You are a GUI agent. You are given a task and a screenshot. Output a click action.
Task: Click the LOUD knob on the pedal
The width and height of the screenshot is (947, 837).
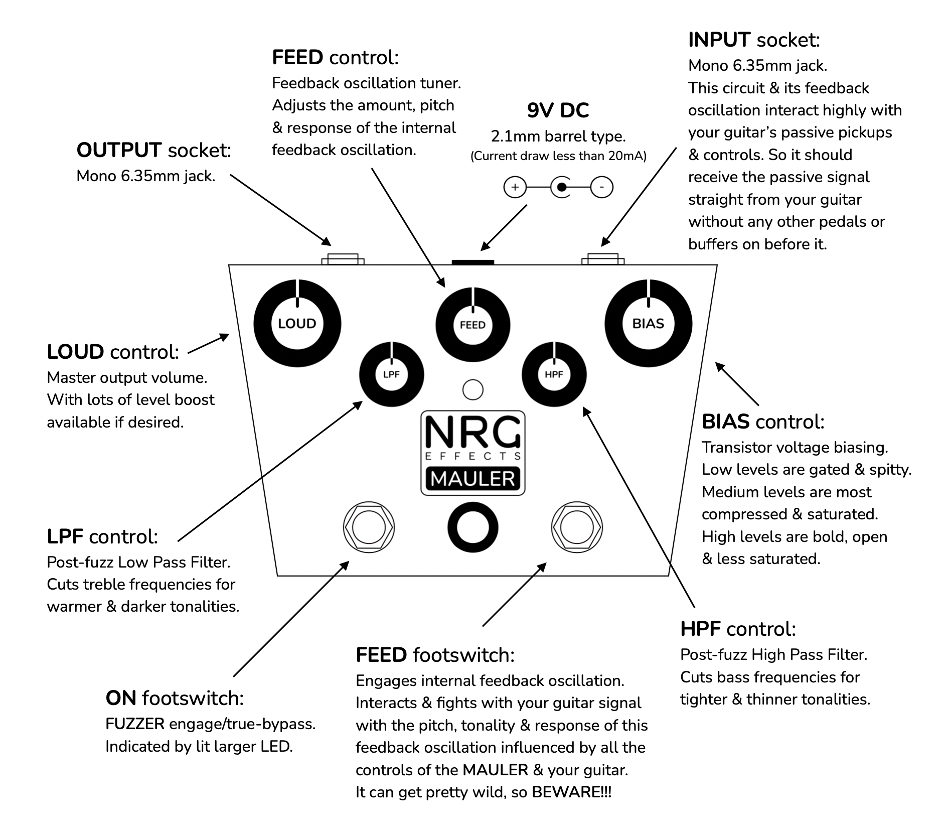pyautogui.click(x=297, y=324)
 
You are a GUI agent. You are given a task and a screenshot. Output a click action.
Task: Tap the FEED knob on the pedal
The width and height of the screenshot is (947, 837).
pyautogui.click(x=472, y=325)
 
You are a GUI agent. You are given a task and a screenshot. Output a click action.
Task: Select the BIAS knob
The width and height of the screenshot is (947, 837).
pyautogui.click(x=649, y=324)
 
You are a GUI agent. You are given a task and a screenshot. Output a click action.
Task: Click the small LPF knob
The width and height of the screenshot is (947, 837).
pyautogui.click(x=392, y=374)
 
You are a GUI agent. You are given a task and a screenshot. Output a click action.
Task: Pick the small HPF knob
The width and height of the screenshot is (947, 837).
pyautogui.click(x=554, y=374)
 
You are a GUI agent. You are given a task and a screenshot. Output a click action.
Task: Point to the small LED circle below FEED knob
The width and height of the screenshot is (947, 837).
pyautogui.click(x=472, y=390)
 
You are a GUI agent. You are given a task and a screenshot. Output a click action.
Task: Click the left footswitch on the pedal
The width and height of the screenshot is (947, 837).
pyautogui.click(x=369, y=527)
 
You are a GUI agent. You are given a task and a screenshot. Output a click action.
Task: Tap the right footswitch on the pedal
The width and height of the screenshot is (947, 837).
pyautogui.click(x=577, y=527)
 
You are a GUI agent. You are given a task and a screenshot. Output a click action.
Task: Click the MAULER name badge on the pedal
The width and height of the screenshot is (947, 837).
pyautogui.click(x=473, y=479)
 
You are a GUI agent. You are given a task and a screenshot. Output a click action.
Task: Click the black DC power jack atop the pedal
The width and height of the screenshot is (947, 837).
pyautogui.click(x=473, y=262)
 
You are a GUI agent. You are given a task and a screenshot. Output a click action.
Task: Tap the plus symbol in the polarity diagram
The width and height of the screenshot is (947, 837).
pyautogui.click(x=515, y=188)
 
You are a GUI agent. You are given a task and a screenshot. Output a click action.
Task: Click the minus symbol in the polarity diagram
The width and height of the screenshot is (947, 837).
pyautogui.click(x=602, y=188)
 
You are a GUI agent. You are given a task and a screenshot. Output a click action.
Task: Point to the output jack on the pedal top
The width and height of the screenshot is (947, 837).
pyautogui.click(x=343, y=259)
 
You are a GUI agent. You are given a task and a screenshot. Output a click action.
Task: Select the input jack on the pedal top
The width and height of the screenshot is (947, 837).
pyautogui.click(x=603, y=259)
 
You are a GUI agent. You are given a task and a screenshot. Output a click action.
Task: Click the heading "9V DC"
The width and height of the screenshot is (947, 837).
pyautogui.click(x=558, y=110)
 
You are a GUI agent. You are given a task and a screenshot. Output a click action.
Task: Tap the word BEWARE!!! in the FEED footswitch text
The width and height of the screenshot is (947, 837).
pyautogui.click(x=572, y=792)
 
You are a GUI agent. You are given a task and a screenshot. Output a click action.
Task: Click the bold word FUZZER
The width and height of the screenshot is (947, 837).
pyautogui.click(x=135, y=724)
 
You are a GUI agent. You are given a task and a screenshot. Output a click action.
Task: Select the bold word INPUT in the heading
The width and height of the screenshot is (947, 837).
pyautogui.click(x=719, y=40)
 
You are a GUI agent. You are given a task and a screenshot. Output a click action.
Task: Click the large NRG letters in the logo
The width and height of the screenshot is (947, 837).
pyautogui.click(x=473, y=432)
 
